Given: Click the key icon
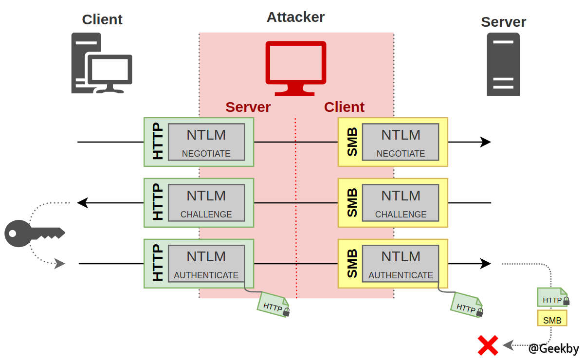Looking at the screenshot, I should (x=34, y=233).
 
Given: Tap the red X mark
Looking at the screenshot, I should (x=488, y=345).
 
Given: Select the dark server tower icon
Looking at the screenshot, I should (x=503, y=64).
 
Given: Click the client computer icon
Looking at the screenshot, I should (x=102, y=63).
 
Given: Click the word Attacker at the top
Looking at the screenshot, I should (x=295, y=17).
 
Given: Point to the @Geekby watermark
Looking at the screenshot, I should (x=554, y=348).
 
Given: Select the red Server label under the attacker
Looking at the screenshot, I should (x=248, y=107).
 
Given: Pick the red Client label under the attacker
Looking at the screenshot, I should (x=344, y=107).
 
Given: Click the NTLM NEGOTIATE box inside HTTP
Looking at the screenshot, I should (x=206, y=142).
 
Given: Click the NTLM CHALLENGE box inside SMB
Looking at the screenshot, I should (x=401, y=202).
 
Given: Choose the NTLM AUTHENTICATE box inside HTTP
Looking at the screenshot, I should (x=206, y=263).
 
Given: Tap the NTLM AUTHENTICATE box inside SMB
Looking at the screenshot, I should (x=401, y=263).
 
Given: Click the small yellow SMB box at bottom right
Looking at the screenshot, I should (x=552, y=319).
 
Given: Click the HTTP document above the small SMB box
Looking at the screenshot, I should (x=552, y=298).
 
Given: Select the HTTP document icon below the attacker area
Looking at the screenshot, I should (x=274, y=305).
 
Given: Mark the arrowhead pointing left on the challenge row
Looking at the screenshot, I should (x=83, y=202).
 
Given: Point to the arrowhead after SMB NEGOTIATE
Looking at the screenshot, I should (x=485, y=142).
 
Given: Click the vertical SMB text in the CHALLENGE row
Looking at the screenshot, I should (x=352, y=202).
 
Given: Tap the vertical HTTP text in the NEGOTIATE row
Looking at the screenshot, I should (x=158, y=142).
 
